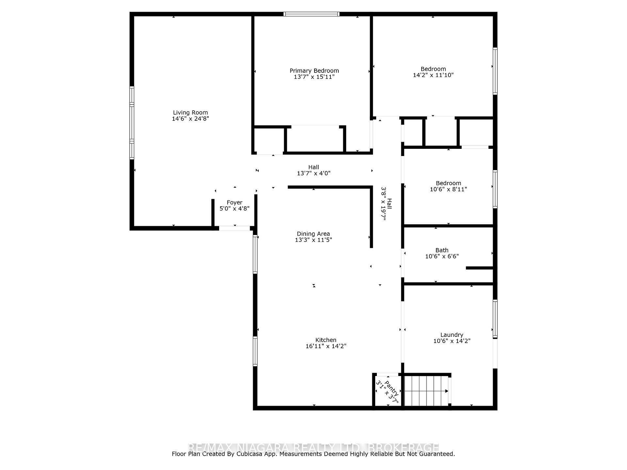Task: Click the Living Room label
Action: click(190, 113)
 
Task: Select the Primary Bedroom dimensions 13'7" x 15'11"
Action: click(314, 77)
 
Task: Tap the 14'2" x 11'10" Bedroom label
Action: click(433, 72)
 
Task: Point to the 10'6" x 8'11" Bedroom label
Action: click(448, 186)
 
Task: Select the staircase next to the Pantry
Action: click(426, 391)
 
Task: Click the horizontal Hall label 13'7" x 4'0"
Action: click(313, 170)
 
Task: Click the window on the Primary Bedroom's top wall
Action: click(312, 14)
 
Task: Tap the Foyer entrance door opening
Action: click(234, 228)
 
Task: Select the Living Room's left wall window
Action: click(132, 123)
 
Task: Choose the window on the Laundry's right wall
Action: click(495, 319)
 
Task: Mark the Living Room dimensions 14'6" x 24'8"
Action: click(190, 119)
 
